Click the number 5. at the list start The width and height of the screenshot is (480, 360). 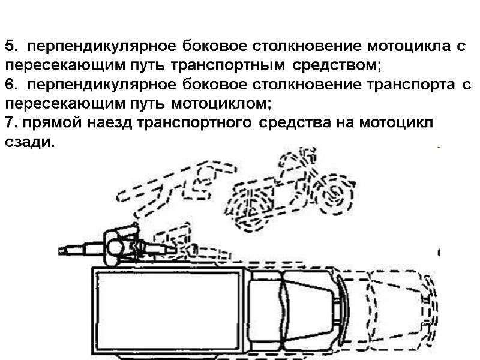(x=12, y=46)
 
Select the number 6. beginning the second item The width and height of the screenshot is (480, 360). (x=12, y=85)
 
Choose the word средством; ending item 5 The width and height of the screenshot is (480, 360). (x=338, y=65)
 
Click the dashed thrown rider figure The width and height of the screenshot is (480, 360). (x=174, y=186)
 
